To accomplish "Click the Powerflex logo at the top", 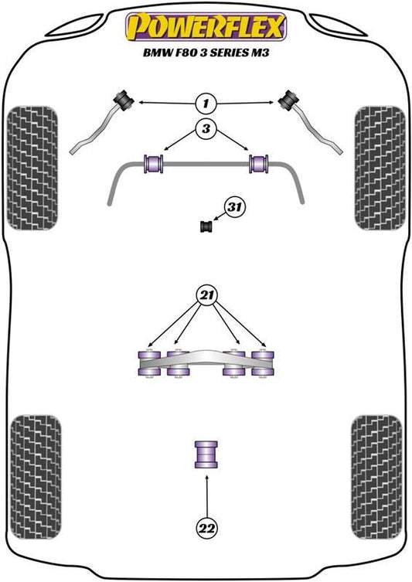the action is coord(206,27).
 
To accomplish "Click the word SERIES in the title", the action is coord(229,53).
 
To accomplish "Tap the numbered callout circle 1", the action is coord(206,103).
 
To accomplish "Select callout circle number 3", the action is coord(206,128).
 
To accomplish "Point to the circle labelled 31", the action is coord(234,206).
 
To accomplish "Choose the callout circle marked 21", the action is coord(206,295).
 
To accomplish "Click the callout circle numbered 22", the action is coord(206,527).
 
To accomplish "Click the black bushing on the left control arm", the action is coord(124,99).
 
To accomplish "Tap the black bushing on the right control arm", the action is coord(289,100).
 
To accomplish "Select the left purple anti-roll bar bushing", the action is coord(153,164).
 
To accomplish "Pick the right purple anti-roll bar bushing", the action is coord(259,164).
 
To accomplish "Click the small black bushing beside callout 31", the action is coord(206,226).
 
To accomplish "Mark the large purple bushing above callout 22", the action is coord(206,454).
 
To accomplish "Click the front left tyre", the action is coord(32,168).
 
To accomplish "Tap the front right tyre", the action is coord(380,168).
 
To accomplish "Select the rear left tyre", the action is coord(36,477).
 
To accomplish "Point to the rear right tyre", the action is coord(376,477).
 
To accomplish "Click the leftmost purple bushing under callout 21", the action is coord(149,363).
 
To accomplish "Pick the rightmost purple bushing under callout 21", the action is coord(263,363).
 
